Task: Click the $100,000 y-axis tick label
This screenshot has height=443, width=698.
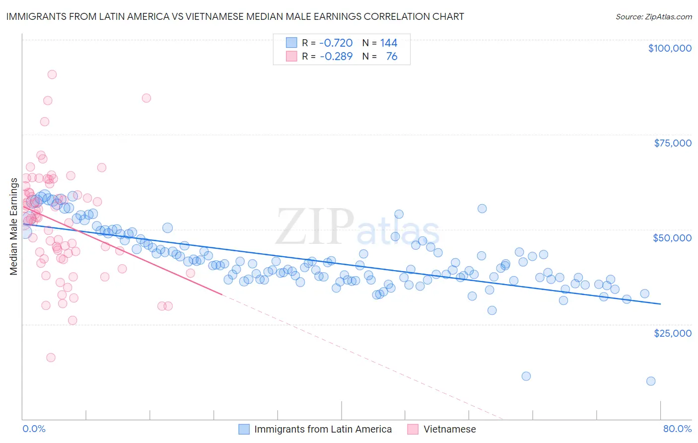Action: coord(669,48)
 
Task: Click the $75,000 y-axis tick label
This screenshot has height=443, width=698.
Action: coord(672,143)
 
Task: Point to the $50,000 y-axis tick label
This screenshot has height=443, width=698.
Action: coord(672,238)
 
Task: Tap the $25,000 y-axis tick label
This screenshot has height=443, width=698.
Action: coord(672,333)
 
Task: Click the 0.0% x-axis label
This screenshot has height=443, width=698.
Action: coord(34,429)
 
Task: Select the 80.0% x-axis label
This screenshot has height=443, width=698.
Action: coord(677,429)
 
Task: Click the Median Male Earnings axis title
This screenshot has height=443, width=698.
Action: coord(14,226)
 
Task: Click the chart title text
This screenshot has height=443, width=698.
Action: coord(235,16)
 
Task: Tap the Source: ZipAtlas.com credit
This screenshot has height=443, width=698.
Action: coord(653,16)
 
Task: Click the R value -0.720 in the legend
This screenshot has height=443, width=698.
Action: coord(336,43)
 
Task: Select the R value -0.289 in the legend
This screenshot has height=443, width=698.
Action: coord(336,57)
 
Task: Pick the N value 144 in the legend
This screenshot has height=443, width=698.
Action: coord(389,43)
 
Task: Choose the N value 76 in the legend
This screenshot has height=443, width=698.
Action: coord(391,57)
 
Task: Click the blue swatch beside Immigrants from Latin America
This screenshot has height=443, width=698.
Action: coord(244,429)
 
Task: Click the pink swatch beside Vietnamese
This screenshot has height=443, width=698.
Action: coord(413,429)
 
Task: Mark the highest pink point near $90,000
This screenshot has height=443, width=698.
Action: coord(52,74)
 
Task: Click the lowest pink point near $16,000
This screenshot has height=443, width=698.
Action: coord(51,358)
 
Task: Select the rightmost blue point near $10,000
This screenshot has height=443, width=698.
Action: coord(651,381)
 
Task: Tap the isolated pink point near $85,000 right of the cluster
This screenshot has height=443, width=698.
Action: coord(146,98)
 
